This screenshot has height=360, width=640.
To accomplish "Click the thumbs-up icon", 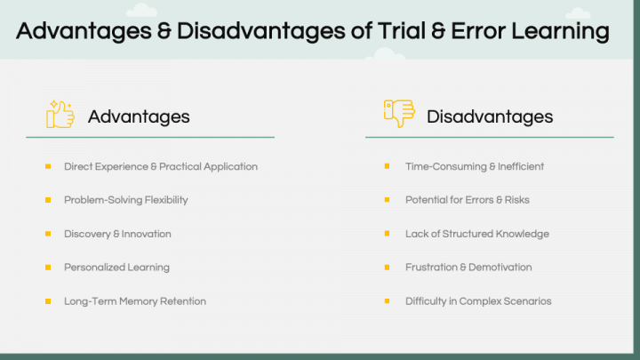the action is pos(60,115).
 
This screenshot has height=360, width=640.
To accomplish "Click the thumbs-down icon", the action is pos(399,113).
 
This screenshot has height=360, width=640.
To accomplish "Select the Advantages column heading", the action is pos(139,116).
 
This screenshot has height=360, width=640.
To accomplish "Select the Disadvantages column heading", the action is pos(490,116).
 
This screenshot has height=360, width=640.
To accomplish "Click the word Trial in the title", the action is pos(402,30).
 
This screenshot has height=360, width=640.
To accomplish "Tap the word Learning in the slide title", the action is pos(560,32).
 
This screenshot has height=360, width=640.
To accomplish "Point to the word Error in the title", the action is pos(477,31).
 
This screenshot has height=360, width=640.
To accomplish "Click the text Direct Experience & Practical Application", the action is pos(161,166).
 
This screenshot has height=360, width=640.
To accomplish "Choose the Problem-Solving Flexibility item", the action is pos(126,200).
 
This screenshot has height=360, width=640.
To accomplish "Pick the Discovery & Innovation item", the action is pos(117,234).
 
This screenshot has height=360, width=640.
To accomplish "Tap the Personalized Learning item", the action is pos(116,268).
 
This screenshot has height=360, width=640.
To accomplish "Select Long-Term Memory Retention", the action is pos(135,301).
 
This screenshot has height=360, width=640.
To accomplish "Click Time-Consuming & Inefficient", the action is pos(475,166).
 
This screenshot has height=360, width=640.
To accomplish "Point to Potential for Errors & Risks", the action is pos(468,200).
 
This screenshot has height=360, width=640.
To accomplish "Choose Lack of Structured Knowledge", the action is pos(477,234).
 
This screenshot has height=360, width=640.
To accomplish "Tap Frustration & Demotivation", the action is pos(468,268).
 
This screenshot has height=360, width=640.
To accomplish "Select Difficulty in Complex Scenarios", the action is pos(478,301).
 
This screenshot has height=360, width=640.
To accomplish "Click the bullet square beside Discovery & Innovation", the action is pos(48,234).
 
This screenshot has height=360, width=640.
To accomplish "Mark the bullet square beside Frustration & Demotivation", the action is pos(387,268).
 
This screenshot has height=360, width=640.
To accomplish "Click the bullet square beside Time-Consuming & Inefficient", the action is pos(387,166).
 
